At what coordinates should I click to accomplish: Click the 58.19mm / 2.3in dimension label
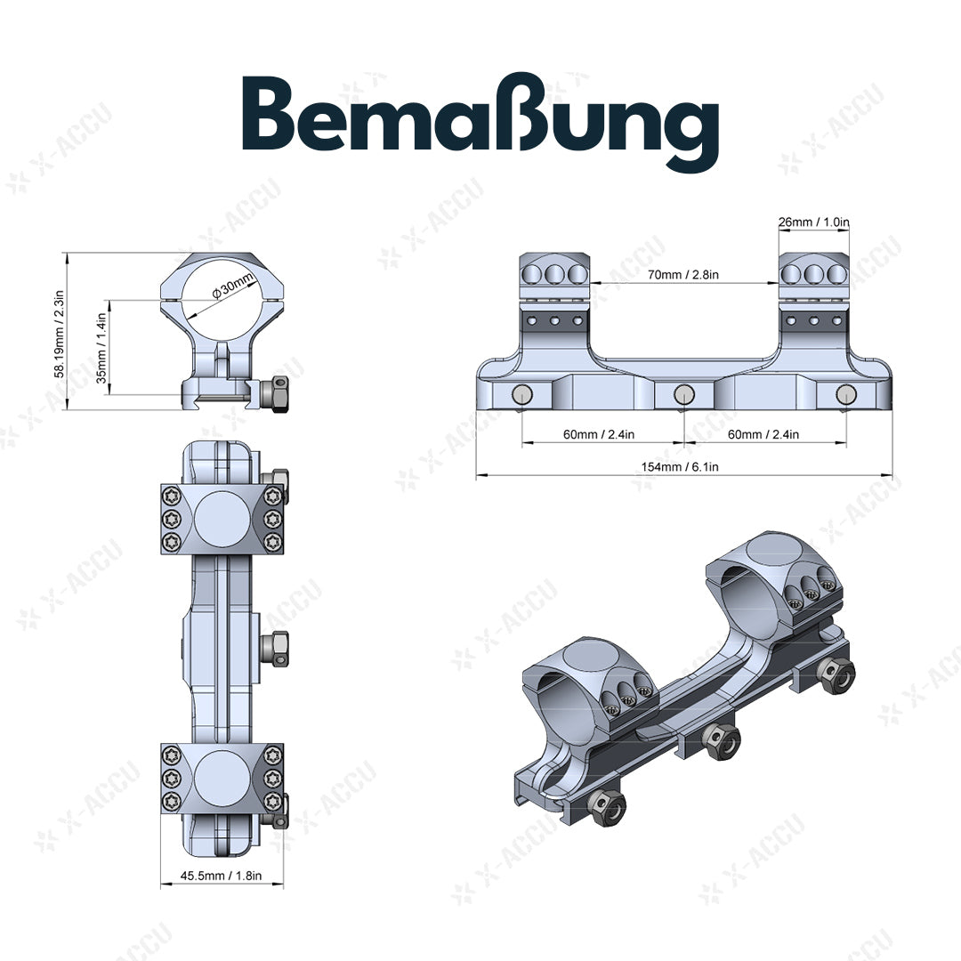tap(60, 332)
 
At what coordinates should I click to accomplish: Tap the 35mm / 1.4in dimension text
tap(101, 347)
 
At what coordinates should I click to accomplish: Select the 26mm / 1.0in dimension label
tap(814, 222)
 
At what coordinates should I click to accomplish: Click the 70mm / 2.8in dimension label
tap(683, 275)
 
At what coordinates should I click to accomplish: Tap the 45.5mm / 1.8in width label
tap(222, 876)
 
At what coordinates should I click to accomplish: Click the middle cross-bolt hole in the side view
tap(683, 394)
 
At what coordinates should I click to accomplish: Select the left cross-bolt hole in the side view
tap(522, 394)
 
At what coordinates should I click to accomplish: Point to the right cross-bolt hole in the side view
tap(844, 394)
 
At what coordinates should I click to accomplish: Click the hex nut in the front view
tap(279, 394)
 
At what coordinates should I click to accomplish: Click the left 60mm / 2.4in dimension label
tap(603, 434)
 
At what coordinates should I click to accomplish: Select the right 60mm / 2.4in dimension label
tap(764, 434)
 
